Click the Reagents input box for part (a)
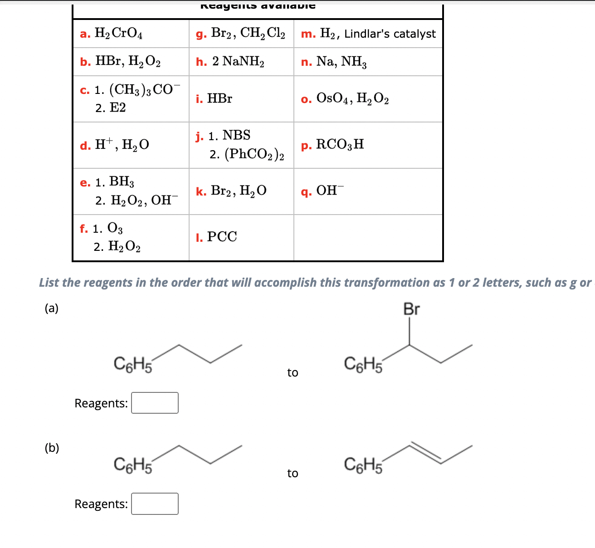(x=155, y=403)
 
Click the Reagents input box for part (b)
(x=155, y=504)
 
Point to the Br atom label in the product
(x=411, y=309)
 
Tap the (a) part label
(x=52, y=308)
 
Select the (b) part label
(x=52, y=448)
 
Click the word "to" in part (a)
(x=293, y=373)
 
